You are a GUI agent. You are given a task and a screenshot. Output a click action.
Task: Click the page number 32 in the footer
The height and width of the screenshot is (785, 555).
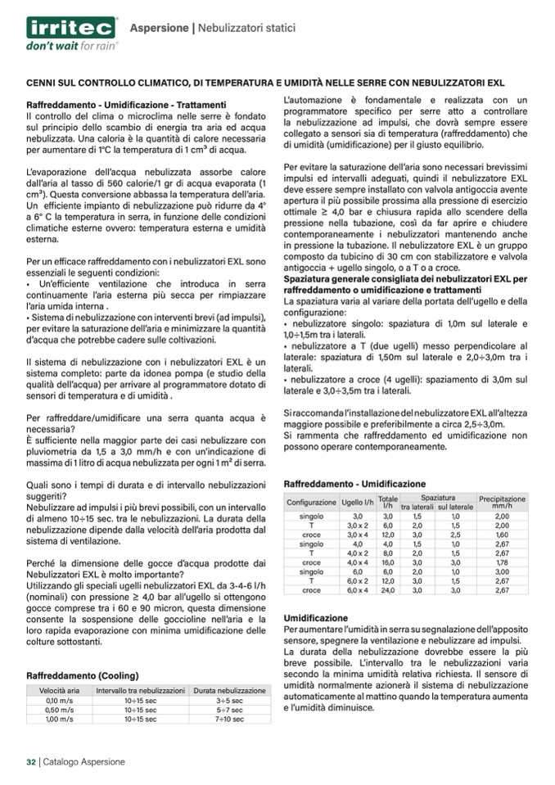(29, 761)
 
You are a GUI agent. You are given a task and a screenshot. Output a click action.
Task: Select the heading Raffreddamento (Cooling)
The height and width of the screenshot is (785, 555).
(83, 676)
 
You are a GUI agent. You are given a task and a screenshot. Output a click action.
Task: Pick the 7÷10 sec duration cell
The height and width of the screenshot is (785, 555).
(229, 720)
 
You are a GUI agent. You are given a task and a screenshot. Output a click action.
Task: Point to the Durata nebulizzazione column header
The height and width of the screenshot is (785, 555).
(229, 691)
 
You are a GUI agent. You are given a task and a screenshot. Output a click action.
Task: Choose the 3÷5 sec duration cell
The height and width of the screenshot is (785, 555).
(229, 701)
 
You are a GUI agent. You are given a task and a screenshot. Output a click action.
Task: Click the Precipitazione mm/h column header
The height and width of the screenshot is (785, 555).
(502, 502)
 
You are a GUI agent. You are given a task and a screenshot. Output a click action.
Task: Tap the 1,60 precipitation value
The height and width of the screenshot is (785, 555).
(502, 535)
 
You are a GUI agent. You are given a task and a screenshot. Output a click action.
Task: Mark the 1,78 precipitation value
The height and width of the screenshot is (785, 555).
(502, 562)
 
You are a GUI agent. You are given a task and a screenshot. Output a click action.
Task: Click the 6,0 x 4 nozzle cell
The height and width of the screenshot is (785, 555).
(358, 589)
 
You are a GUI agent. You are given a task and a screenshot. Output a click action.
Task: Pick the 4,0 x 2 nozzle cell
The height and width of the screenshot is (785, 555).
(358, 553)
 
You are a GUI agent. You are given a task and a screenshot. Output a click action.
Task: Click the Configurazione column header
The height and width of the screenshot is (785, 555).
(311, 502)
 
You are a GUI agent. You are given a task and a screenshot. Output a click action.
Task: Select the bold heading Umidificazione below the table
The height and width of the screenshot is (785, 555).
(315, 617)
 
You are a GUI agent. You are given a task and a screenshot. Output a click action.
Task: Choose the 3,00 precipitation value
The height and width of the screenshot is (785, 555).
(502, 571)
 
